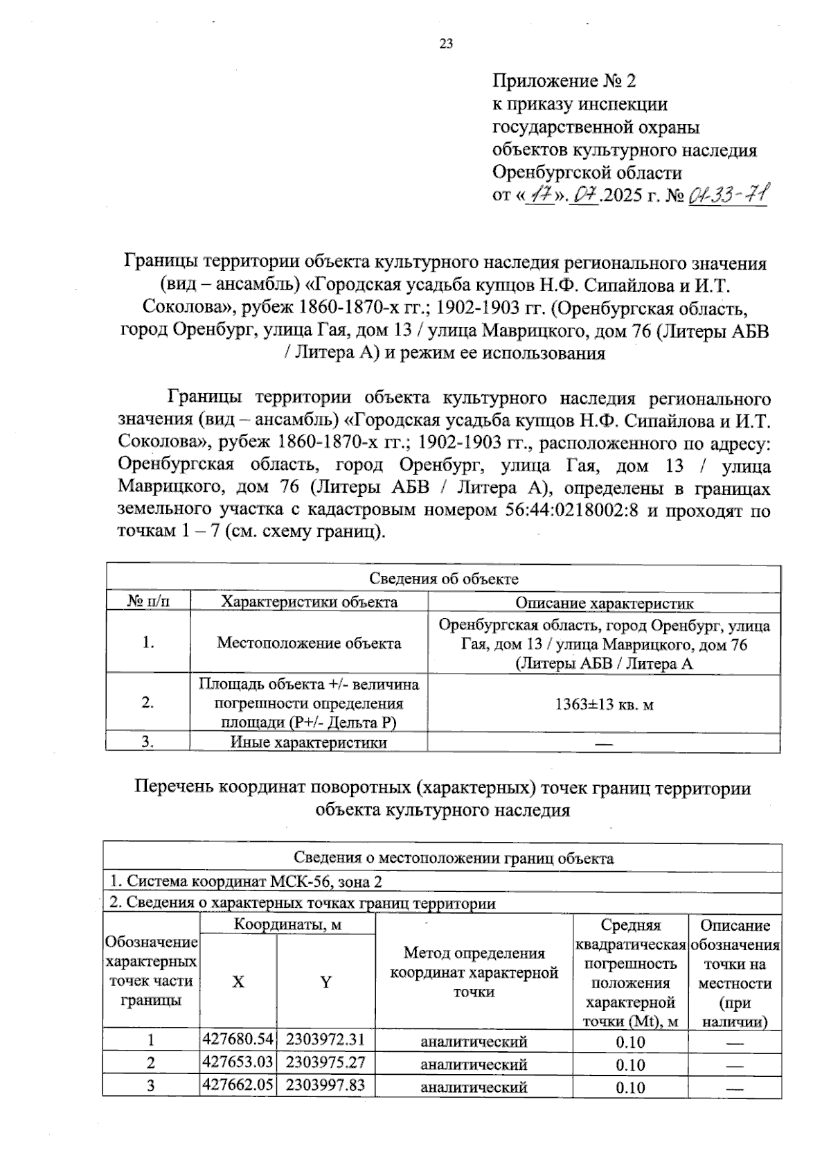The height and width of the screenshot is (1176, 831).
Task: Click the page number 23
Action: point(446,44)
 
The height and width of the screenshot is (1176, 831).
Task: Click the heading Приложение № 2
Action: point(564,81)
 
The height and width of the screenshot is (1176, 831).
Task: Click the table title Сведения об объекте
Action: point(443,579)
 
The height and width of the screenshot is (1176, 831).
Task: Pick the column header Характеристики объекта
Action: point(309,602)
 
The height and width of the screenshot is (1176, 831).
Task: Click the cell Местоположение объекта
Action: point(309,643)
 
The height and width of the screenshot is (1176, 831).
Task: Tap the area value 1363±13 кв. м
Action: point(604,705)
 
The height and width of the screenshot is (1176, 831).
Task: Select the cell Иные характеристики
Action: point(309,743)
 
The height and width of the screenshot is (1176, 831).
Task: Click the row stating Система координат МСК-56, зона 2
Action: point(247,881)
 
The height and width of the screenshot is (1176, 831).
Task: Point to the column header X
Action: point(238,982)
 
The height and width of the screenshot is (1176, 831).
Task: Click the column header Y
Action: point(325,982)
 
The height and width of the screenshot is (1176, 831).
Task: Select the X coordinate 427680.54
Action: point(238,1039)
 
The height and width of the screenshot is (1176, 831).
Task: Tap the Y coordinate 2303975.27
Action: point(325,1062)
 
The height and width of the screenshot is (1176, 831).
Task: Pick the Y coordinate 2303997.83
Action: point(325,1085)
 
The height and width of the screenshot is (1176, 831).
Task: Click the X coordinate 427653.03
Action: point(238,1062)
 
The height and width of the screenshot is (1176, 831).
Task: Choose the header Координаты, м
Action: point(287,924)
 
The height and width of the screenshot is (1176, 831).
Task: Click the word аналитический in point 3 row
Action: point(474,1087)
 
